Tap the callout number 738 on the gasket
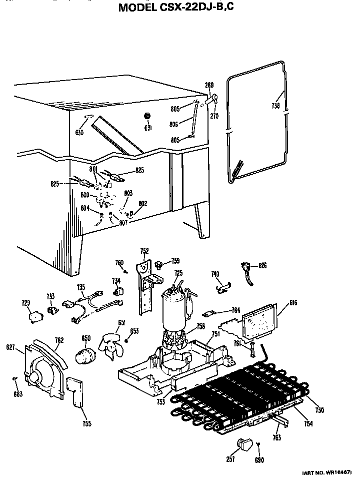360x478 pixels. click(x=276, y=107)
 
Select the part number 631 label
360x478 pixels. click(x=148, y=128)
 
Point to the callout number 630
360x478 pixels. click(x=79, y=132)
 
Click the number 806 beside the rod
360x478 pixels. click(x=174, y=125)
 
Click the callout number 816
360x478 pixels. click(x=293, y=302)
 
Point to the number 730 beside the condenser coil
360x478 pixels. click(x=319, y=410)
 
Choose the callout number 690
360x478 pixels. click(x=259, y=460)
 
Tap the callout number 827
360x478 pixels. click(x=10, y=347)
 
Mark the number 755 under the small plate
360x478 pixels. click(x=87, y=424)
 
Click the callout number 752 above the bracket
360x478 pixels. click(x=144, y=251)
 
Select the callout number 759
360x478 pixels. click(x=175, y=260)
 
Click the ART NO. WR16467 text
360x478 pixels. click(x=327, y=472)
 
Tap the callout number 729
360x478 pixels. click(x=25, y=303)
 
